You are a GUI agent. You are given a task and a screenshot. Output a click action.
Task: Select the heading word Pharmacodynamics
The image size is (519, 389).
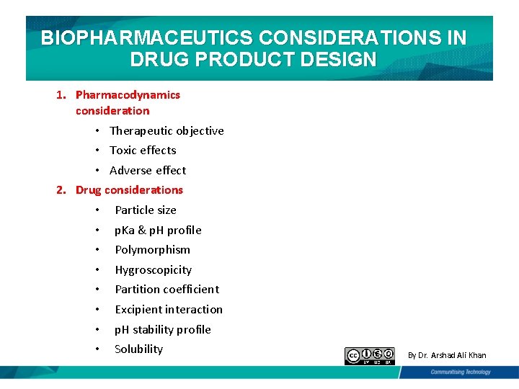128,94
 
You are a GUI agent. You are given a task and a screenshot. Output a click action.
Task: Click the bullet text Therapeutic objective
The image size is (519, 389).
167,130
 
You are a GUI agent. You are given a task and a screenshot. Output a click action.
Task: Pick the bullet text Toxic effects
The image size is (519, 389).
143,150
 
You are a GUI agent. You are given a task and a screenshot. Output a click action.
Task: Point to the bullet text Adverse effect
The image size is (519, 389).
148,170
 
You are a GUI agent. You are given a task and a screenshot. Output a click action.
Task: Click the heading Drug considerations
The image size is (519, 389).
129,189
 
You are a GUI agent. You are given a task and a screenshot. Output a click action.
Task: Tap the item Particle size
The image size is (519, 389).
145,210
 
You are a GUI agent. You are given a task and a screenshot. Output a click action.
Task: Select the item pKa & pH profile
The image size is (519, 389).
158,230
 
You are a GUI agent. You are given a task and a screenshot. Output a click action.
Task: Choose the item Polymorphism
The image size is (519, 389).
152,249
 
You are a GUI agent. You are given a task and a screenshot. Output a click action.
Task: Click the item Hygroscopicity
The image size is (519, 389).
153,269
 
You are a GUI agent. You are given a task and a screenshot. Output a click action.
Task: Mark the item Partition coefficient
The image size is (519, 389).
167,289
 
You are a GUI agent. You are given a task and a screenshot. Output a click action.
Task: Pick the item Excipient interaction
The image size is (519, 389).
169,309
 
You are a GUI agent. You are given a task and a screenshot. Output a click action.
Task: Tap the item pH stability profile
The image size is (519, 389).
163,329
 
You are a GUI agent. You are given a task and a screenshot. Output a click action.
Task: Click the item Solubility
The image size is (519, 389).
138,349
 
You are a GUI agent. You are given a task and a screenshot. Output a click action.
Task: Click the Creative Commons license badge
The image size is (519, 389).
370,355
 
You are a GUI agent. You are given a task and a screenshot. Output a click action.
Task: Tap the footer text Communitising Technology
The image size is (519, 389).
460,372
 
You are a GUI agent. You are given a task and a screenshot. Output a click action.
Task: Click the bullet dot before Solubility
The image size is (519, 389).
96,349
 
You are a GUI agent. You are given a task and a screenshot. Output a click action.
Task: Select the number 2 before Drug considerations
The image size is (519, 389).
61,189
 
